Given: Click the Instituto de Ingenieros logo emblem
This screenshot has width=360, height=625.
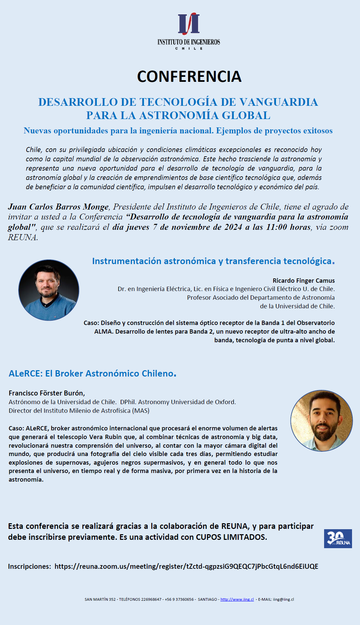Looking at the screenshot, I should tap(189, 24).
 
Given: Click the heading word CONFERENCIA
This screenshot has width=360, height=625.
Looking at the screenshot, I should tap(189, 77).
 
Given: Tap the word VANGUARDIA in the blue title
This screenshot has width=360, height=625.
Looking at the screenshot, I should tap(279, 102).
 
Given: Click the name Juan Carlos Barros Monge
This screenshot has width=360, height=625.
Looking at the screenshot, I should tap(59, 207).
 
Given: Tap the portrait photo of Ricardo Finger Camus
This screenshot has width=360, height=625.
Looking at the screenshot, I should tap(49, 290).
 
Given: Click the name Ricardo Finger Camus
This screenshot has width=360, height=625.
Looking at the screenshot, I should tap(303, 280).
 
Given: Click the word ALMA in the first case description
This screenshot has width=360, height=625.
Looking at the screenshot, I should tap(103, 331).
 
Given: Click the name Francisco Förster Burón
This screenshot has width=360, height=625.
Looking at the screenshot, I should tap(47, 393).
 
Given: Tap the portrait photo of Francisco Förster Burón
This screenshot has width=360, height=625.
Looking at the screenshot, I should tap(321, 421).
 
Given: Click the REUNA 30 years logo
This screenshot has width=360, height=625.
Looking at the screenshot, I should tap(338, 539).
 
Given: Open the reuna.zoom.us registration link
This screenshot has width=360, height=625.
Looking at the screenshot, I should tap(186, 566).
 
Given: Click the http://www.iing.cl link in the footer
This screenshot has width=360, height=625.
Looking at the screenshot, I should tap(237, 599).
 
